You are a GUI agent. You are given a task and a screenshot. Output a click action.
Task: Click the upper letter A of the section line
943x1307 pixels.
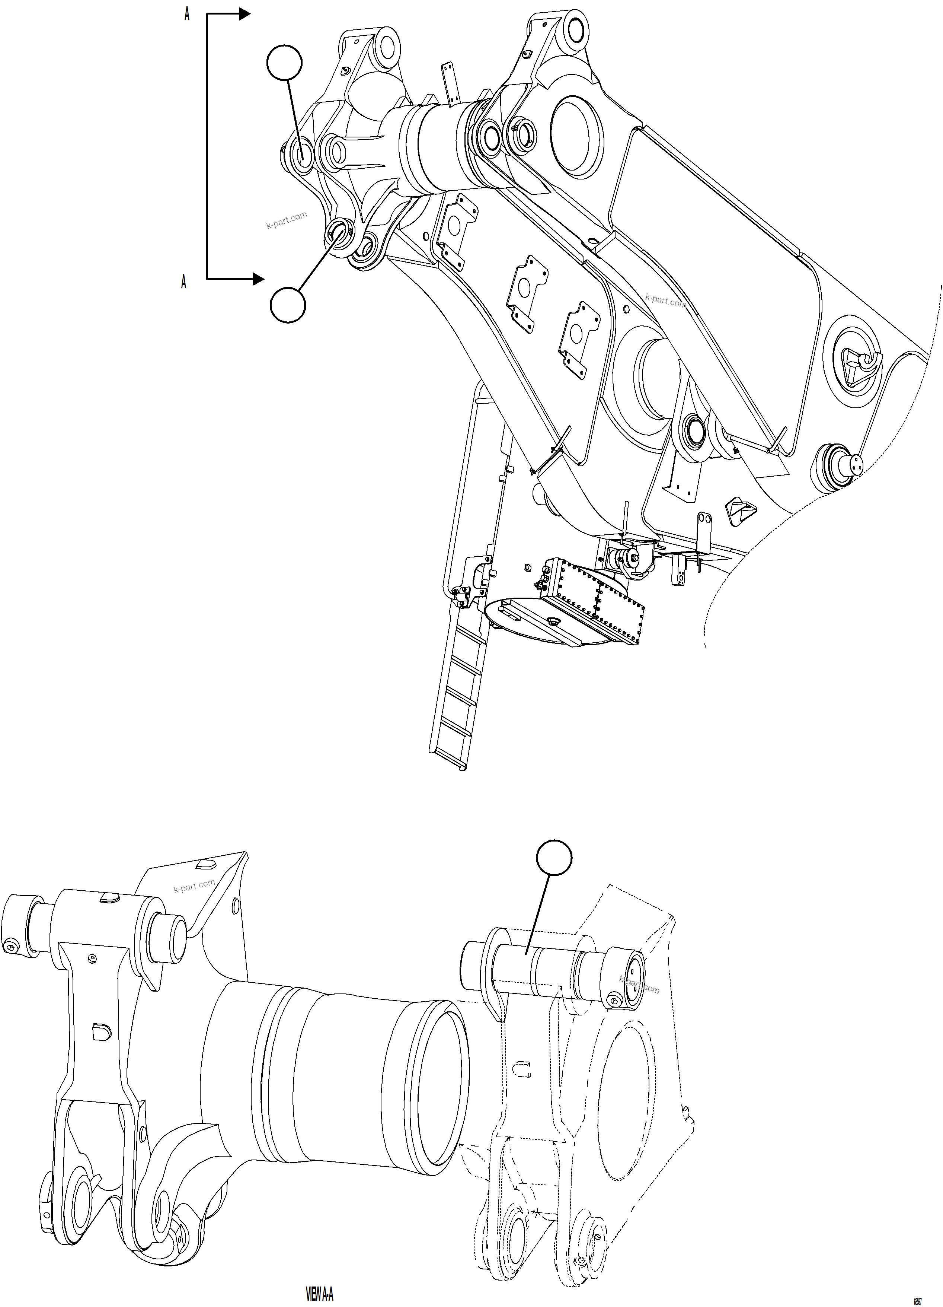(x=187, y=15)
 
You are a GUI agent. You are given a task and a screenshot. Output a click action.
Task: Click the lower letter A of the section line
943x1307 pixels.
(x=184, y=282)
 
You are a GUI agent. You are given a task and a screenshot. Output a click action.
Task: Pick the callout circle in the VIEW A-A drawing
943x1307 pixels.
(x=554, y=859)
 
